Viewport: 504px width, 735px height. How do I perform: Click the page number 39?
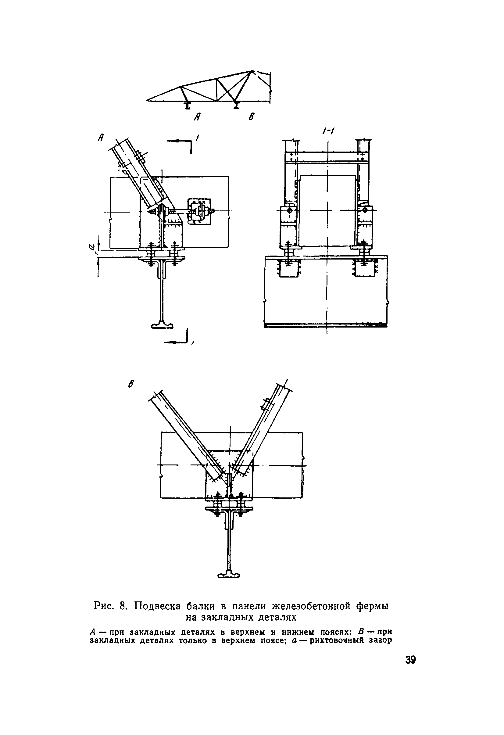click(x=410, y=660)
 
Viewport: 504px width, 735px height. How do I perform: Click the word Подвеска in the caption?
click(x=157, y=606)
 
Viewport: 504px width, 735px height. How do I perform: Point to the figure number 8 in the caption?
click(x=123, y=606)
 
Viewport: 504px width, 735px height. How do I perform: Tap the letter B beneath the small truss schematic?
click(x=251, y=117)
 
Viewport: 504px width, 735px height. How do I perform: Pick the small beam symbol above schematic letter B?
click(x=235, y=104)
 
